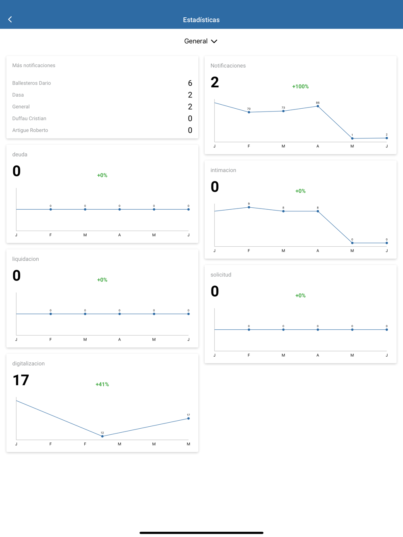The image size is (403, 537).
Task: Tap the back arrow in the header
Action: click(x=10, y=19)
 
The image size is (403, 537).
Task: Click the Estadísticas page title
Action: click(x=201, y=20)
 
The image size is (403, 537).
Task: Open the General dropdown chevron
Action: click(x=214, y=41)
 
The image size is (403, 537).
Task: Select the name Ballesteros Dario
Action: click(x=31, y=83)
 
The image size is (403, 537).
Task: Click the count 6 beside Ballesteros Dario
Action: click(x=190, y=83)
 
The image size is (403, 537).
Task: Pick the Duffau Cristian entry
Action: click(x=29, y=119)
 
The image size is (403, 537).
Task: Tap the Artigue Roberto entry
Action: click(x=30, y=130)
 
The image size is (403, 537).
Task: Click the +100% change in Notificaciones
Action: click(x=300, y=87)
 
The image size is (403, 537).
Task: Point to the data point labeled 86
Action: click(x=318, y=106)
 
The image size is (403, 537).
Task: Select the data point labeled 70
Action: click(x=249, y=112)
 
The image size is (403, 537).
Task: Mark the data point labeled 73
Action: click(x=283, y=111)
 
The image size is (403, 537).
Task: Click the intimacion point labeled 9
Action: click(x=249, y=207)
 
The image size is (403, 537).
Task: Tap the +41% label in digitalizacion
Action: click(x=102, y=384)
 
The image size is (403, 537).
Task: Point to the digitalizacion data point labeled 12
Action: click(x=102, y=436)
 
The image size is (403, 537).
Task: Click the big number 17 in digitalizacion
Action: click(x=21, y=380)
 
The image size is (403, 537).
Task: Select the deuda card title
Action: click(x=20, y=155)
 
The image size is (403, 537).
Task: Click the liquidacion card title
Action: click(x=25, y=259)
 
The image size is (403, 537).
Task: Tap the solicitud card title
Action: click(x=221, y=275)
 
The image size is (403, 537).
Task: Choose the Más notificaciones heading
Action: click(x=33, y=66)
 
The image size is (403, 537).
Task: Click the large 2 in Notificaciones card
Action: click(x=215, y=83)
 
